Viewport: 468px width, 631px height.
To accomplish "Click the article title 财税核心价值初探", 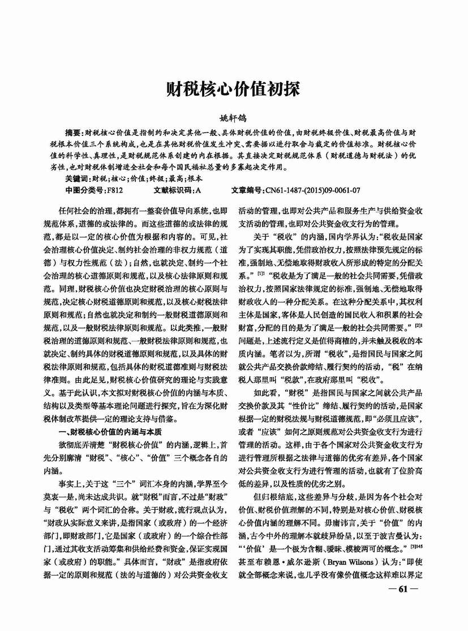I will tap(234, 90).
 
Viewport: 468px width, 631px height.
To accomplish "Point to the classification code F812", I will tap(115, 189).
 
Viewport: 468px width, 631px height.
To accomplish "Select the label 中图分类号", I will tap(84, 189).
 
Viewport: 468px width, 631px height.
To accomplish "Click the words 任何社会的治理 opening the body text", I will tap(89, 210).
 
